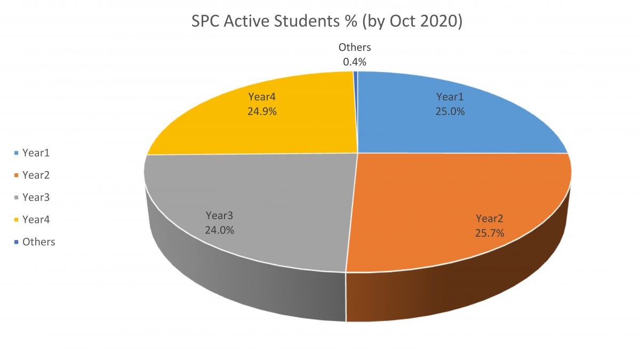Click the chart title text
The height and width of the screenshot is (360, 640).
tap(326, 23)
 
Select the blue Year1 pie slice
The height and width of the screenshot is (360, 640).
tap(480, 128)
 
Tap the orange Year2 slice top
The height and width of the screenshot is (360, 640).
tap(453, 197)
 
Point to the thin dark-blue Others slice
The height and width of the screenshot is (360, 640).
tap(356, 107)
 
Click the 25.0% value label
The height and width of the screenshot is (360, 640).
tap(451, 112)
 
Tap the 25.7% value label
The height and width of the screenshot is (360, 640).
tap(490, 233)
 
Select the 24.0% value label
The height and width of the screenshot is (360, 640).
tap(220, 230)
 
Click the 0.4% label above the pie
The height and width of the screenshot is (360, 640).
tap(355, 62)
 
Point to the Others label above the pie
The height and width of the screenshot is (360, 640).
tap(355, 48)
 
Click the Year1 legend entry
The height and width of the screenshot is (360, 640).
tap(36, 153)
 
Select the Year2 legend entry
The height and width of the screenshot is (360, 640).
tap(36, 175)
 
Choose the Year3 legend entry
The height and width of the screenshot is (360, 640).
tap(36, 197)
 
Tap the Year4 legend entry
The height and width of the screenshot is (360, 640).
tap(36, 219)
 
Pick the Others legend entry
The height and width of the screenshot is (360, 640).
tap(38, 242)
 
